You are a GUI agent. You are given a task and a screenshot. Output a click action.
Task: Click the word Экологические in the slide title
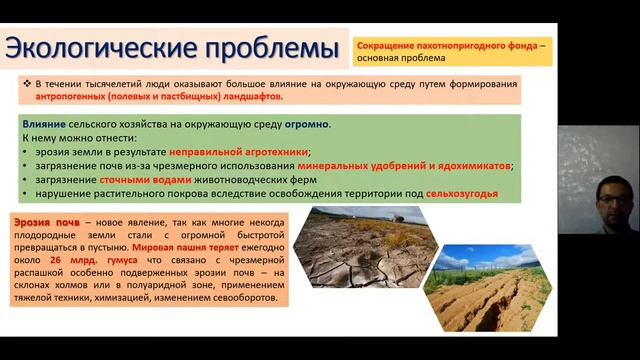[x=95, y=48]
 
